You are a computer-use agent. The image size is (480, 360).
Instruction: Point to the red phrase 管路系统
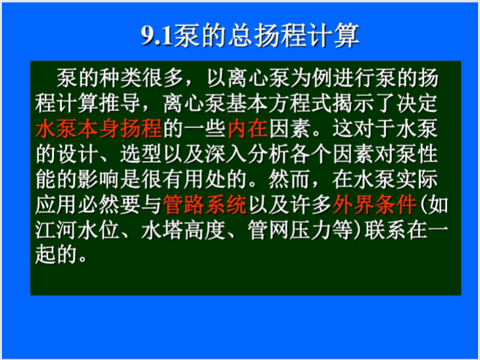coord(205,205)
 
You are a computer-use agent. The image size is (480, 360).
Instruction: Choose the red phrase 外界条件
coord(374,205)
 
